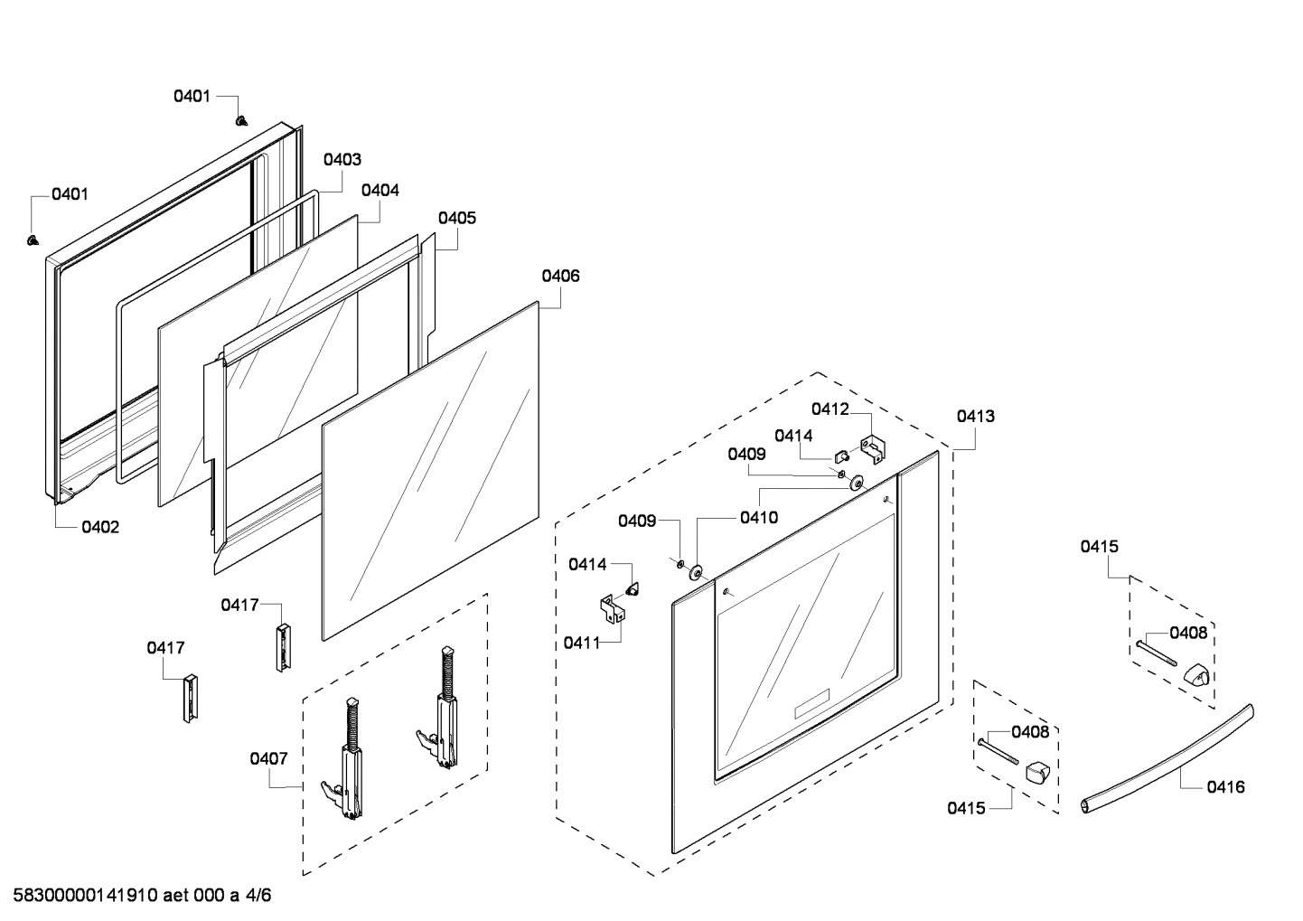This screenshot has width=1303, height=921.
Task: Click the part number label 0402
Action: (x=100, y=528)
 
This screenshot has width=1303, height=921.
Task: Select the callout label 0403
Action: (x=342, y=160)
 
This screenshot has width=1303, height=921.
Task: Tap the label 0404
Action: (x=380, y=191)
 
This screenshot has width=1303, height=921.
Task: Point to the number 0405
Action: (x=457, y=219)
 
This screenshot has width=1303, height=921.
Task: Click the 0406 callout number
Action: (x=560, y=277)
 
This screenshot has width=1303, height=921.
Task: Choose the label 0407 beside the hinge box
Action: (x=268, y=759)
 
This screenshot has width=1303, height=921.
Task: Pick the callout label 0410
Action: (x=758, y=518)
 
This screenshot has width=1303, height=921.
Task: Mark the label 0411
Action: (x=582, y=643)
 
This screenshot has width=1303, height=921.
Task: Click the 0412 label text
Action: (x=830, y=409)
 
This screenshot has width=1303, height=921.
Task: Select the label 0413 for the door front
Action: (x=976, y=417)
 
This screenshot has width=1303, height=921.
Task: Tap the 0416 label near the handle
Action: (x=1225, y=787)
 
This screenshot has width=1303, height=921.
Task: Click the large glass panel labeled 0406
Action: (x=429, y=470)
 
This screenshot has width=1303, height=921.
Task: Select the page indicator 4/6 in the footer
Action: (x=258, y=896)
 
